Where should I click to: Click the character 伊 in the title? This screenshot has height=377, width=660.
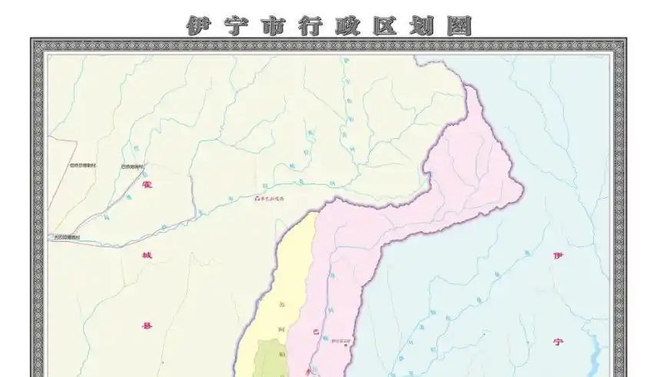click(x=198, y=25)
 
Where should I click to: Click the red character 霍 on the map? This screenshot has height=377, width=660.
click(x=148, y=184)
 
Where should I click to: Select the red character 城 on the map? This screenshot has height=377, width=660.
click(x=148, y=255)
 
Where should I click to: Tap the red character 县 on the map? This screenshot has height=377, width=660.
click(x=148, y=326)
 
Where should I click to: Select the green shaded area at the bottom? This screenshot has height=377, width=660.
click(x=270, y=360)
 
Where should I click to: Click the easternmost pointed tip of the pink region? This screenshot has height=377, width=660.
click(x=523, y=186)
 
